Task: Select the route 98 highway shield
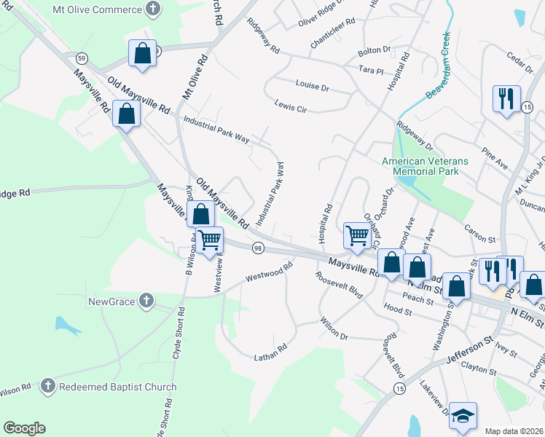tap(258, 249)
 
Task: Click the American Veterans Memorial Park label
tap(426, 166)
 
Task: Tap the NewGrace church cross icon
tap(146, 300)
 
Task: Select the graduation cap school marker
tap(462, 416)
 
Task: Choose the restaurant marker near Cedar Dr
tap(506, 98)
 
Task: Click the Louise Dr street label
tap(313, 86)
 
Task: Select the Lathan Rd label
tap(271, 355)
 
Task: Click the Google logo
tap(24, 428)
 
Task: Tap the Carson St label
tap(480, 238)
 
